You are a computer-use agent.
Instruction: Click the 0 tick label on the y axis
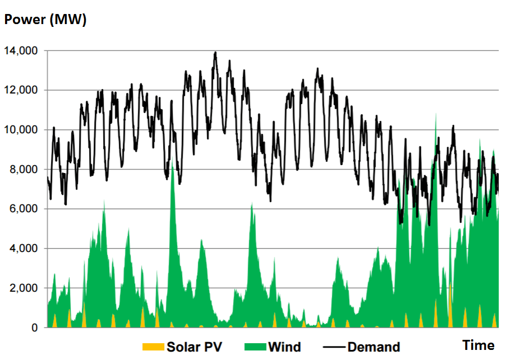[x=34, y=328]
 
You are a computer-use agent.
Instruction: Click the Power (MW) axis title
[x=45, y=20]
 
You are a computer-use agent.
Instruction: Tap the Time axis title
[x=478, y=345]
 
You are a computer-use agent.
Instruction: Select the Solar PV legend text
[x=194, y=347]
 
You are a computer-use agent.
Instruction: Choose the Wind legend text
[x=284, y=347]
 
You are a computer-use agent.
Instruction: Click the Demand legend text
[x=373, y=347]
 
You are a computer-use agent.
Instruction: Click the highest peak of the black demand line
[x=215, y=53]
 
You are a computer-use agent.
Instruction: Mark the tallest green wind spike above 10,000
[x=436, y=115]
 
